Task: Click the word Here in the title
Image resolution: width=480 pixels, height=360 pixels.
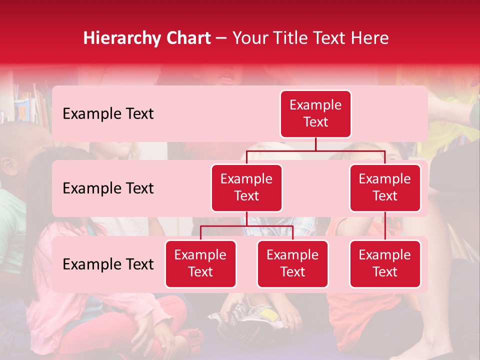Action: tap(369, 38)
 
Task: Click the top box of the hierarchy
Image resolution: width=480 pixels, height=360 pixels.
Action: tap(315, 114)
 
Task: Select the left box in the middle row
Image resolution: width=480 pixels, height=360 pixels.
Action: tap(246, 187)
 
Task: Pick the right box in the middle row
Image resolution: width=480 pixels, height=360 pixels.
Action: tap(385, 187)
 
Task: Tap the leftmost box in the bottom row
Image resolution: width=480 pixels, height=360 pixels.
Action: tap(200, 263)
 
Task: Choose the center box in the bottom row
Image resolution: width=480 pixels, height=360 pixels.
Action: tap(292, 263)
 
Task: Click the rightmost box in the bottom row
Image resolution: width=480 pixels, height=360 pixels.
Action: tap(385, 263)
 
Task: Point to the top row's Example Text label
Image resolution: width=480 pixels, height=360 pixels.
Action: tap(108, 114)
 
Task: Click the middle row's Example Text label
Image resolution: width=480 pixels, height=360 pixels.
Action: tap(108, 188)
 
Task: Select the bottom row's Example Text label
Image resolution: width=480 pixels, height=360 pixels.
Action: tap(108, 264)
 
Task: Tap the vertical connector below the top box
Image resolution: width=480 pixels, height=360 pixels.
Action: tap(315, 144)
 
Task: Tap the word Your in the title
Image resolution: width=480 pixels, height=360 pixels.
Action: tap(248, 38)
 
